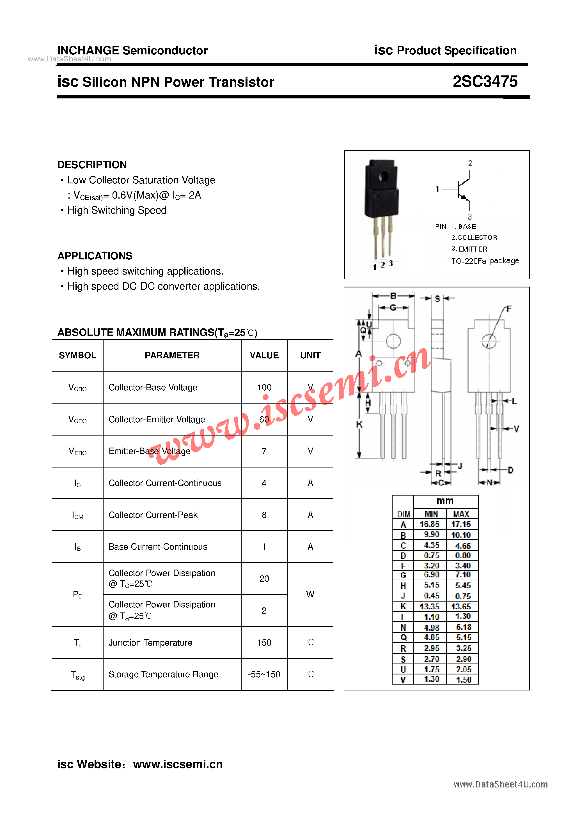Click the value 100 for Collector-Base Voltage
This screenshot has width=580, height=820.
click(264, 388)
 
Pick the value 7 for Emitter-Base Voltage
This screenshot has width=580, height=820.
click(264, 451)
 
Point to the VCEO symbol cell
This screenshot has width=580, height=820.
click(77, 420)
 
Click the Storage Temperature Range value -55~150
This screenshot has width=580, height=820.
click(264, 674)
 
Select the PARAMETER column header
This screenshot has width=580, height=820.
click(172, 355)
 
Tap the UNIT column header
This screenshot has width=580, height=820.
click(310, 355)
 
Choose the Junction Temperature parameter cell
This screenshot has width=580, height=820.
click(150, 642)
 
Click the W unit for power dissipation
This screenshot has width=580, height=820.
click(310, 594)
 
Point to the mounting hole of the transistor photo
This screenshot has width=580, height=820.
click(384, 176)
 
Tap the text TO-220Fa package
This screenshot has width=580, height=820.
click(485, 261)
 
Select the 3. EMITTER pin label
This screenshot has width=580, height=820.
click(469, 249)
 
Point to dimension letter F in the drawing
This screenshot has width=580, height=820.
click(509, 308)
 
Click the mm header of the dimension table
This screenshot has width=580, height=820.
click(445, 501)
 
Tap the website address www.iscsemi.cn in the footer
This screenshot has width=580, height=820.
click(178, 764)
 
